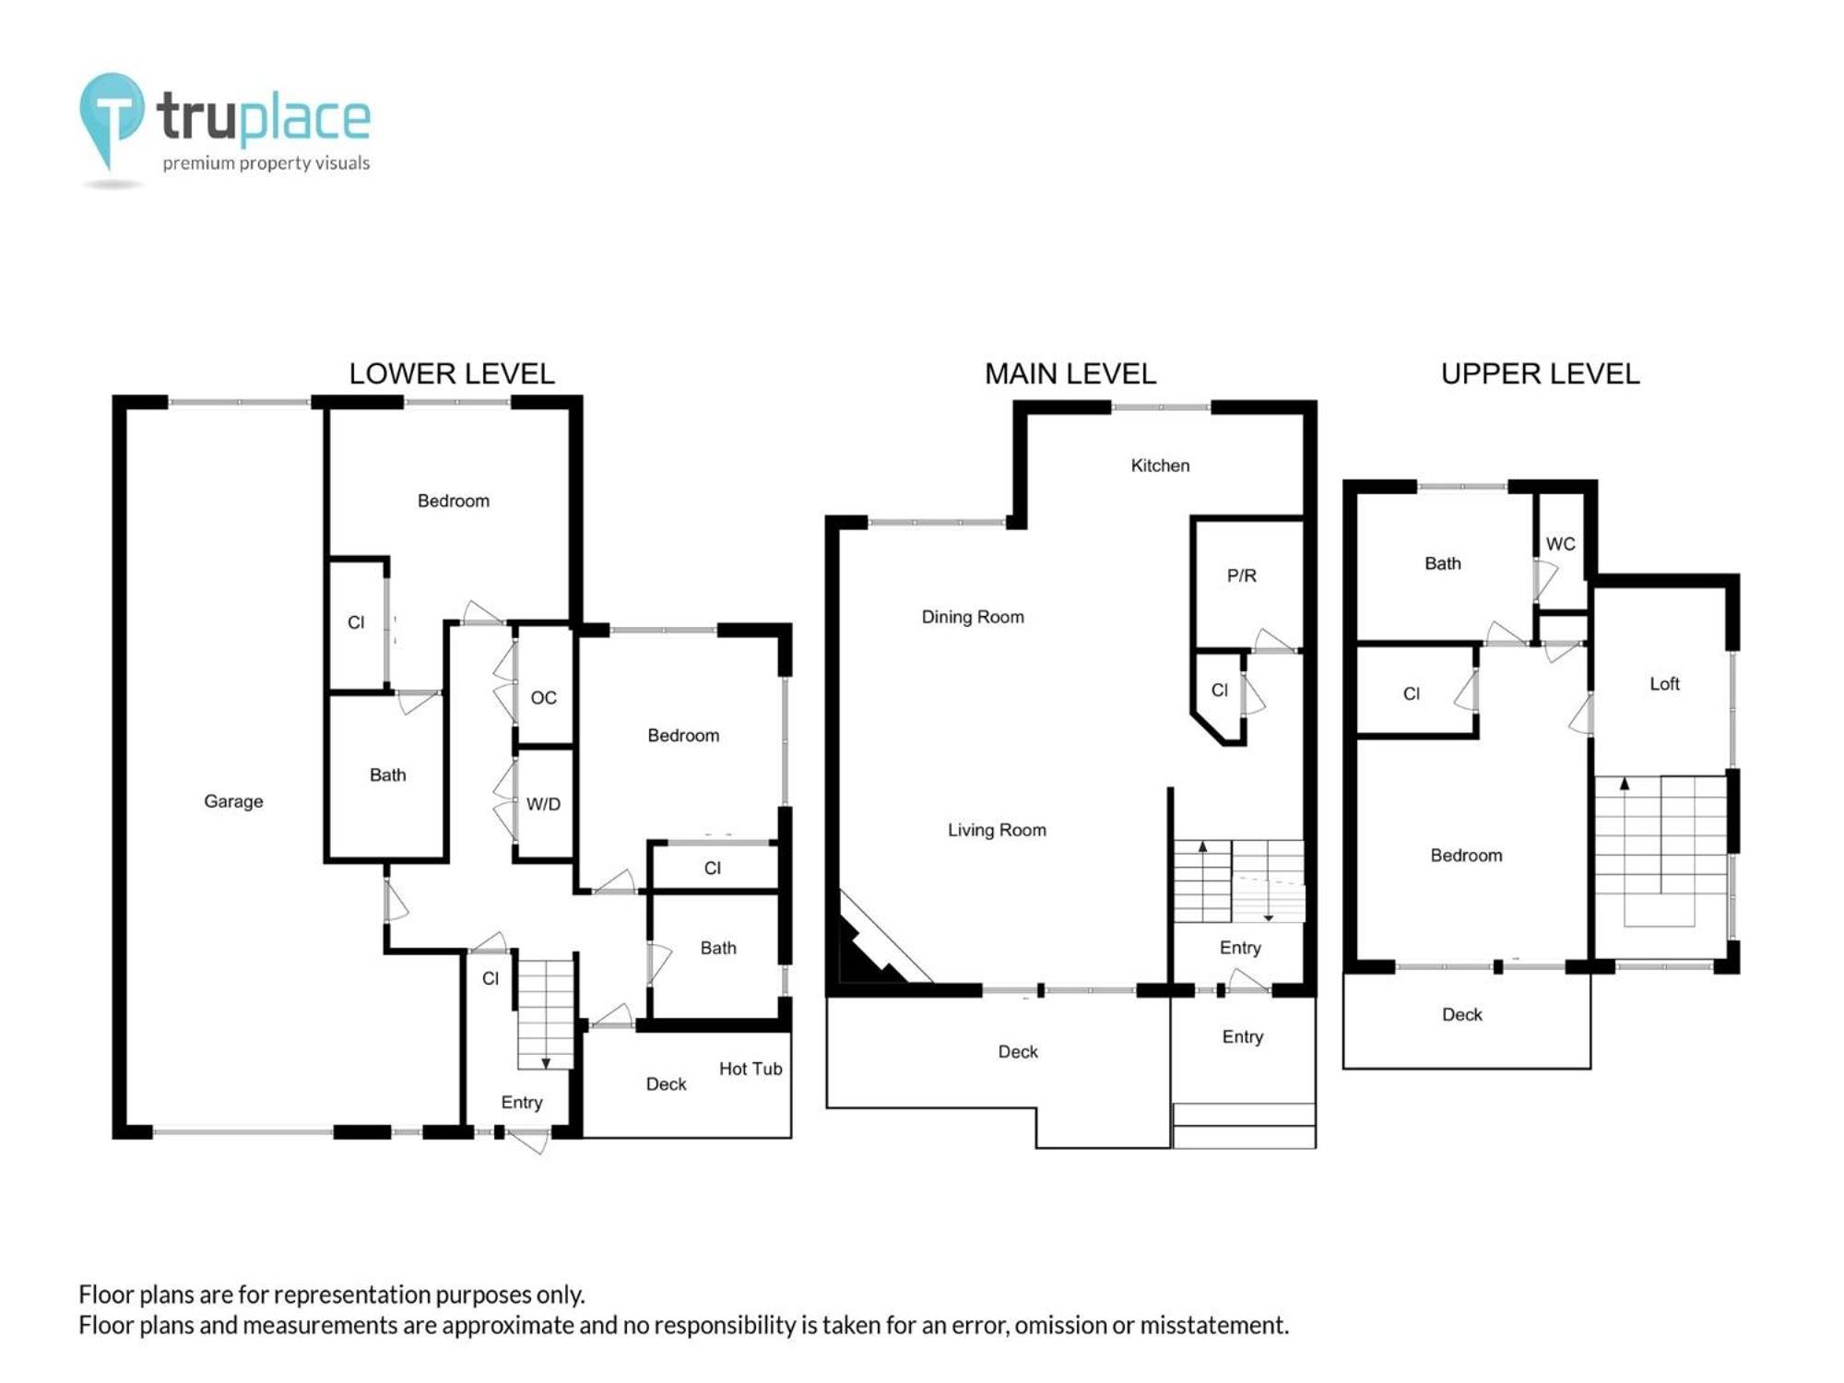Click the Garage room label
click(x=233, y=801)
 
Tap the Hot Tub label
click(x=751, y=1069)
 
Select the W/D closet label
click(x=543, y=804)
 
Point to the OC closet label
click(x=544, y=698)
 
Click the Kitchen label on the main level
click(x=1160, y=466)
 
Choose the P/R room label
click(x=1241, y=575)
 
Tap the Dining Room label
click(x=973, y=617)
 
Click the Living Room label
click(x=997, y=830)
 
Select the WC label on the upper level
click(x=1561, y=544)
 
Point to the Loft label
click(x=1664, y=683)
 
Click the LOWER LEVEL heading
click(x=452, y=373)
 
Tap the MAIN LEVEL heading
click(x=1070, y=373)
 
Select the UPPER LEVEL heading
click(x=1541, y=373)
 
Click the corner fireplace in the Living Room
click(x=876, y=945)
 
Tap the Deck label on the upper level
click(x=1462, y=1014)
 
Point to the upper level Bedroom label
click(x=1466, y=856)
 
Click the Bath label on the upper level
click(x=1443, y=563)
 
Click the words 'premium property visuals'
click(x=266, y=163)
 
